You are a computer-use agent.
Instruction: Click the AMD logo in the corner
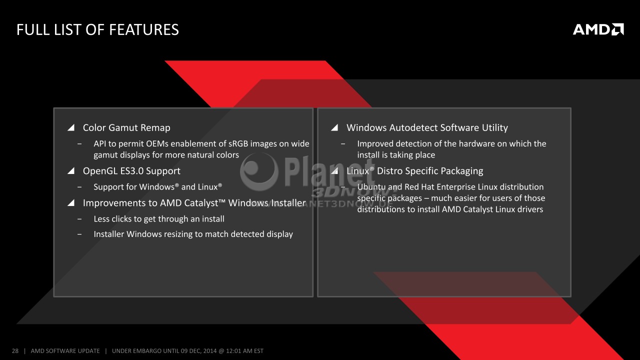(x=598, y=29)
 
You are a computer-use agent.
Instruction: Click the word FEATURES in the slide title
(x=144, y=29)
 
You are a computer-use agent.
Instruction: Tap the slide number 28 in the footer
(x=15, y=351)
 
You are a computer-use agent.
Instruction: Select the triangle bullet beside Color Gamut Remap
(x=71, y=127)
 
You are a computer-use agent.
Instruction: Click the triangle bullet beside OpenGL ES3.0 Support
(x=71, y=171)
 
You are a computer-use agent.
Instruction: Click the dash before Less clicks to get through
(x=79, y=219)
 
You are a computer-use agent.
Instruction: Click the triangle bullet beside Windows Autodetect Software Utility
(x=334, y=127)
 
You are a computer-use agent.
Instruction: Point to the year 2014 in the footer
(x=210, y=351)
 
